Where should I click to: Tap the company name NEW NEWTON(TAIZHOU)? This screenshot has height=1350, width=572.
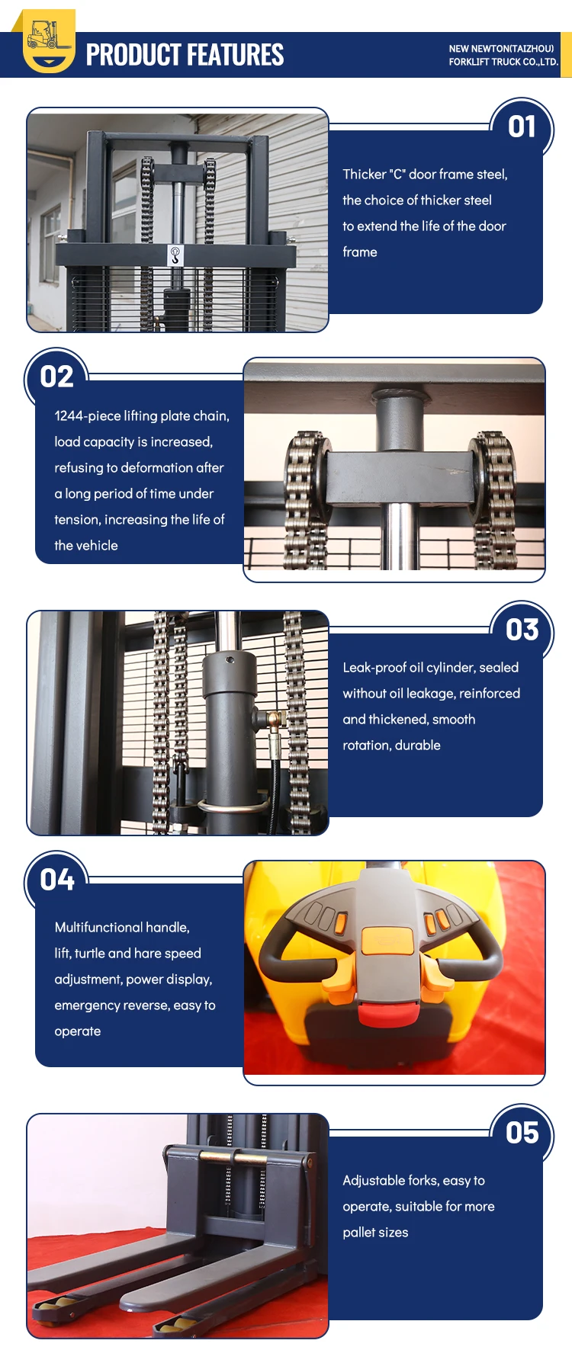pos(501,49)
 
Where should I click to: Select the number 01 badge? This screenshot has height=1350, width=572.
pos(522,127)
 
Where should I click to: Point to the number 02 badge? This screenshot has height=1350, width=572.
pos(56,377)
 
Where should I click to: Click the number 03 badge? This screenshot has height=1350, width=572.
pos(522,630)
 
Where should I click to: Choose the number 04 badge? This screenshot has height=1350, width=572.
pos(56,880)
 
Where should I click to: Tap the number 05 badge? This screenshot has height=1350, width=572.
pos(522,1133)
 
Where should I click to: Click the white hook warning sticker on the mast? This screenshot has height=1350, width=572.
pos(175,255)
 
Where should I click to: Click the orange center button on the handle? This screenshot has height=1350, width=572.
pos(387,941)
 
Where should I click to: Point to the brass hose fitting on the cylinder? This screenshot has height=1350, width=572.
pos(274,717)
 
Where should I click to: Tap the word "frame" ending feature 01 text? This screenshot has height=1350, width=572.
pos(360,252)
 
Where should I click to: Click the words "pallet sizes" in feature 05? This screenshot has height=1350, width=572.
pos(375,1233)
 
